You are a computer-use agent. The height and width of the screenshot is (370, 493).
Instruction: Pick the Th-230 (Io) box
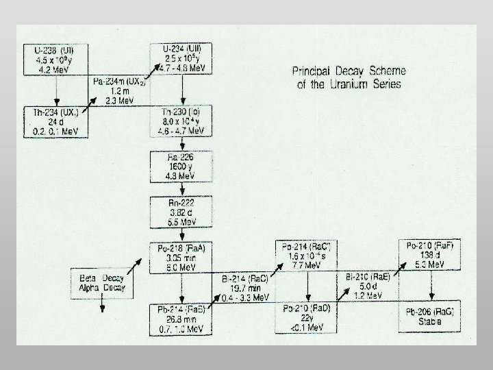tap(181, 121)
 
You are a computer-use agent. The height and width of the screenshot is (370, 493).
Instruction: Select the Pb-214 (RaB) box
tap(181, 318)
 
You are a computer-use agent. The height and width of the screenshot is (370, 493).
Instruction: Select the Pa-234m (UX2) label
tap(119, 90)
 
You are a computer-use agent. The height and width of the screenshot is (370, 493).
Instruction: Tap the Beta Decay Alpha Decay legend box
tap(103, 283)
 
